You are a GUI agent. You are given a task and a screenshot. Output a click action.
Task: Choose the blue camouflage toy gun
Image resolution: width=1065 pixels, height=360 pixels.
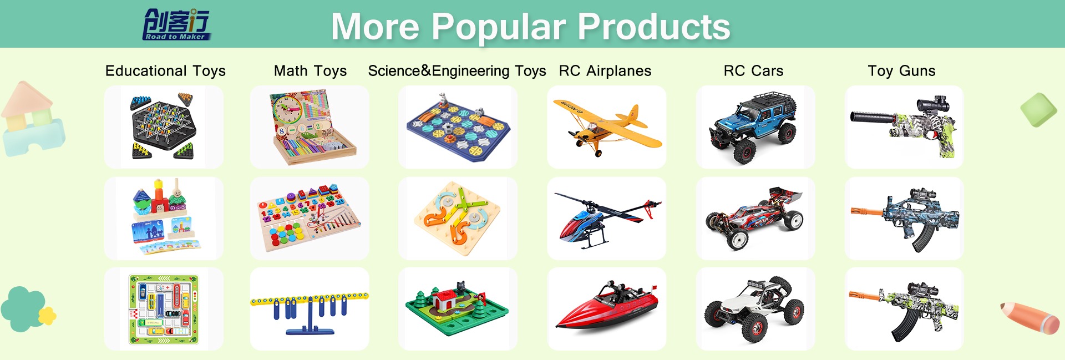(x=905, y=220)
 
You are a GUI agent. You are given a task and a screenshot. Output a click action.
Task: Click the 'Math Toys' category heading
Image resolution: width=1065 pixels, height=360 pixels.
(x=310, y=71)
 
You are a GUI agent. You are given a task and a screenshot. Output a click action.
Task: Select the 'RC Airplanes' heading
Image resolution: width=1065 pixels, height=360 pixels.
(x=605, y=71)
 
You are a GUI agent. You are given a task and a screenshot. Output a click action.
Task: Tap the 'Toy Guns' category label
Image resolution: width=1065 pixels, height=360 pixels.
(x=901, y=71)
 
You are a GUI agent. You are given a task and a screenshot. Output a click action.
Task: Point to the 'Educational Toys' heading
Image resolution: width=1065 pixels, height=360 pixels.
(x=165, y=71)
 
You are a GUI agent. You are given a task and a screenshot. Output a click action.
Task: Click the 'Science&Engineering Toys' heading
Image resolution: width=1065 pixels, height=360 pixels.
(x=457, y=71)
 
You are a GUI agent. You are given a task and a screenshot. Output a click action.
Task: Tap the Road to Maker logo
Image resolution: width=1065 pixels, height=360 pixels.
(x=177, y=24)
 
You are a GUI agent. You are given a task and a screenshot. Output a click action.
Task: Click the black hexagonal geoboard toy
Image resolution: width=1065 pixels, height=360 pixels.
(x=163, y=127)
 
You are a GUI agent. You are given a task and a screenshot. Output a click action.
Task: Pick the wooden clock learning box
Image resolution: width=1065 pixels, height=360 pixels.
(x=312, y=128)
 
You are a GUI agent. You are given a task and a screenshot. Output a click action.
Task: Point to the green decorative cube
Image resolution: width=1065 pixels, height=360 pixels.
(x=1038, y=110)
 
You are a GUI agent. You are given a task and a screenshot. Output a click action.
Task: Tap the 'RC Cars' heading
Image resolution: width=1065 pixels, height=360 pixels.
(x=753, y=71)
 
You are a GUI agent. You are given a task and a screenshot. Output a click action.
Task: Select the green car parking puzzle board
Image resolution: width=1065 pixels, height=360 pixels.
(x=164, y=309)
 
